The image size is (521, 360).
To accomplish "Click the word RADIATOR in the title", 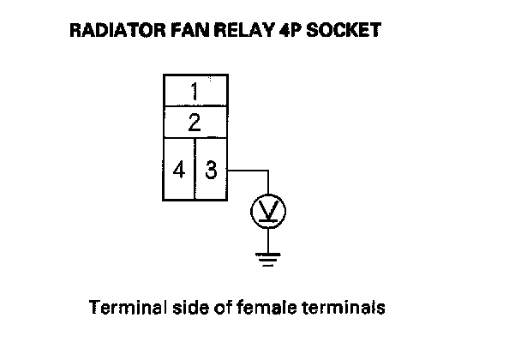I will click(104, 31).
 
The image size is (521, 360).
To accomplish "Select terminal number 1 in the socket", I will click(195, 90).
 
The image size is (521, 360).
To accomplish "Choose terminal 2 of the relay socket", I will click(195, 122).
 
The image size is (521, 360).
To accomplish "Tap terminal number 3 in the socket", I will click(212, 170).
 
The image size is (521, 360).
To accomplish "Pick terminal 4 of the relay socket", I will click(179, 170).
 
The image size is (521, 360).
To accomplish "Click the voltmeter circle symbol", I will click(267, 211).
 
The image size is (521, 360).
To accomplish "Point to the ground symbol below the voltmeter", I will click(267, 257).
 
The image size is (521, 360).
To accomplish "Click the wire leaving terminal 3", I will click(249, 170).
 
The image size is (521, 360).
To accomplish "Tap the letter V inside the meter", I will click(267, 210).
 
